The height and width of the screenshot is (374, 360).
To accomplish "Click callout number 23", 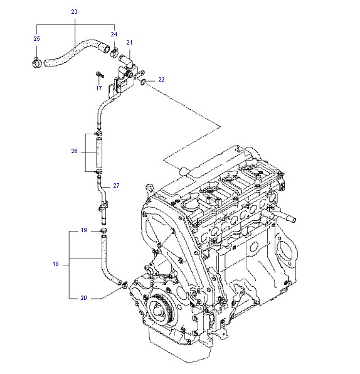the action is click(x=75, y=12).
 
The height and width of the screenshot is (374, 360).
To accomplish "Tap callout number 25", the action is click(x=37, y=39).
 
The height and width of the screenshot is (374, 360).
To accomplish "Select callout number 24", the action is click(x=114, y=35).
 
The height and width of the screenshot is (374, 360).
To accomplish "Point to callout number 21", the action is click(x=129, y=43).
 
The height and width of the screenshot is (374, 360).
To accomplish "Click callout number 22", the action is click(x=161, y=80).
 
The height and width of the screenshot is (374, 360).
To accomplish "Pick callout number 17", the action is click(x=99, y=88).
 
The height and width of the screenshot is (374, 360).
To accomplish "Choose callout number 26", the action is click(x=74, y=151).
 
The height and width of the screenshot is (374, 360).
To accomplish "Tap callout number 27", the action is click(x=116, y=186).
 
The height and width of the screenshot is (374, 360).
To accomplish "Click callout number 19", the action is click(x=83, y=230).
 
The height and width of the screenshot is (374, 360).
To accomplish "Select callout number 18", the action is click(x=56, y=264).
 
